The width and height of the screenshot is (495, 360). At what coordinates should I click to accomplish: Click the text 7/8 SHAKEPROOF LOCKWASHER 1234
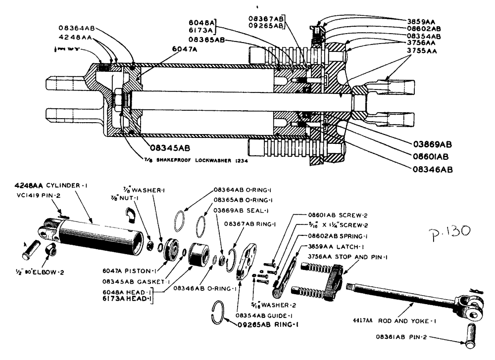tap(203, 161)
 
